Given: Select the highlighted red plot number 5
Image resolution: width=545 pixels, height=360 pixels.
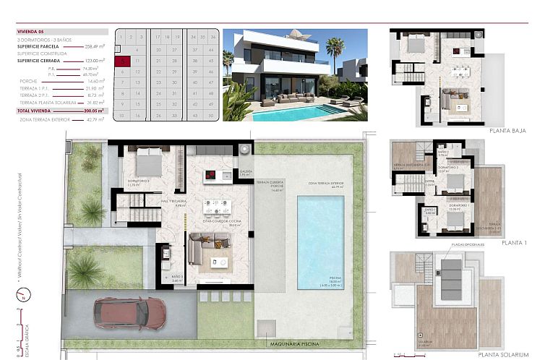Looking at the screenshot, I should (124, 62).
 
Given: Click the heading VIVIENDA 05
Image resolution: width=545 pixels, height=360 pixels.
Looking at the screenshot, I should (31, 32).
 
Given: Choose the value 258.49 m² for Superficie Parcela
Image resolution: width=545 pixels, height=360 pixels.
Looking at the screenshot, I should (93, 46).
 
